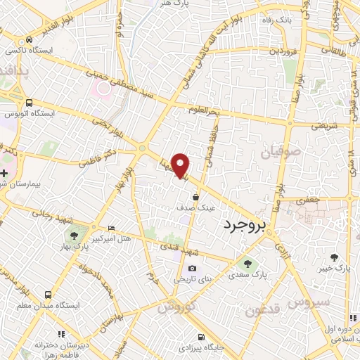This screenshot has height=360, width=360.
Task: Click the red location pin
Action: click(181, 165)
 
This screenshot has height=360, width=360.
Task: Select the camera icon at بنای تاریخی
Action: click(192, 268)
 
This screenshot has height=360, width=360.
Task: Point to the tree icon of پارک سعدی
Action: click(247, 263)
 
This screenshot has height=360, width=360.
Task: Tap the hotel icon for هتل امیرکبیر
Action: click(112, 229)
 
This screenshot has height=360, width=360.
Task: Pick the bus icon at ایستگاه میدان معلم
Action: click(48, 295)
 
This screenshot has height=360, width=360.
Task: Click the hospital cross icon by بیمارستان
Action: click(5, 173)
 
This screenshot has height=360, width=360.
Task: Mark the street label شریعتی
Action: click(324, 127)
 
